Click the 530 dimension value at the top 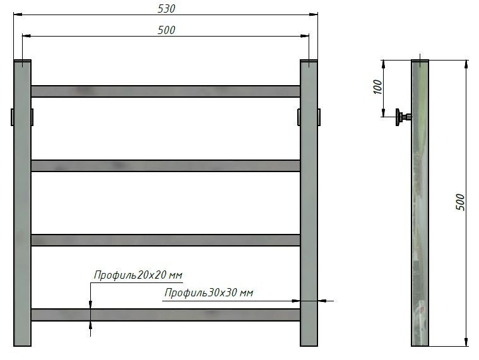click(x=166, y=9)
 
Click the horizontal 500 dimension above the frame click(x=166, y=30)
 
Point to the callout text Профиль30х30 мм click(x=209, y=293)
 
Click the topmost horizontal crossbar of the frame click(x=165, y=91)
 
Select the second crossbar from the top click(x=165, y=166)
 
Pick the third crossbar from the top click(x=165, y=240)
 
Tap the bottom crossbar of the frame click(x=165, y=315)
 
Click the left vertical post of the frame click(x=22, y=208)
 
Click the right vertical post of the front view click(x=309, y=208)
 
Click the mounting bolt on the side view click(x=402, y=117)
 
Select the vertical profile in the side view click(x=420, y=208)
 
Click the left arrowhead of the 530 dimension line click(x=17, y=15)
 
